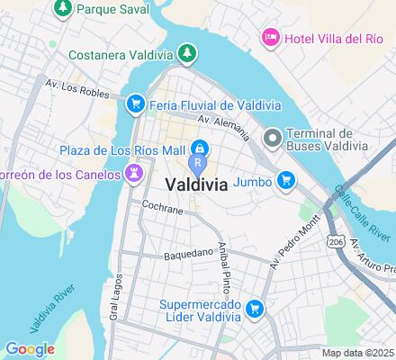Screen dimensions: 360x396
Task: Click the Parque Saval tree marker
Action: [x=63, y=8]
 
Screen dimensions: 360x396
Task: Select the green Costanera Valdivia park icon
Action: [x=184, y=53]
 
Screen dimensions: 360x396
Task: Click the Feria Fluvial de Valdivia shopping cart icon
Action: [x=135, y=103]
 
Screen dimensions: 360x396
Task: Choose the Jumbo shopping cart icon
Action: [x=285, y=181]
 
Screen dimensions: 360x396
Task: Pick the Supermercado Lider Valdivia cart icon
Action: [x=255, y=309]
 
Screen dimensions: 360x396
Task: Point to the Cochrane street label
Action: [x=162, y=209]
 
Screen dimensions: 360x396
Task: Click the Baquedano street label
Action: [x=186, y=255]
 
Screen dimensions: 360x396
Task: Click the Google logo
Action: [x=29, y=348]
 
